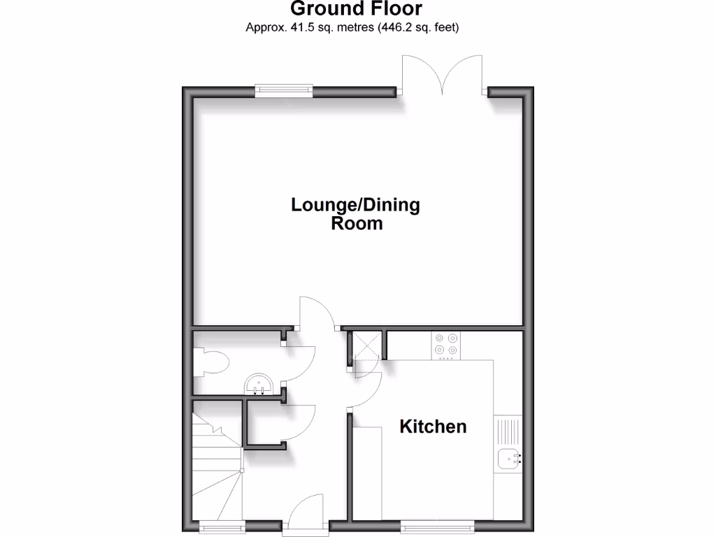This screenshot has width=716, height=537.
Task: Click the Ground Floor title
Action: [356, 9]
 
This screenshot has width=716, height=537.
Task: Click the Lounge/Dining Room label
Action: [356, 214]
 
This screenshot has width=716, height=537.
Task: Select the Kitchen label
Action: [433, 427]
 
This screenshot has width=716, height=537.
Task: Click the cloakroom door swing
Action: [299, 364]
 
